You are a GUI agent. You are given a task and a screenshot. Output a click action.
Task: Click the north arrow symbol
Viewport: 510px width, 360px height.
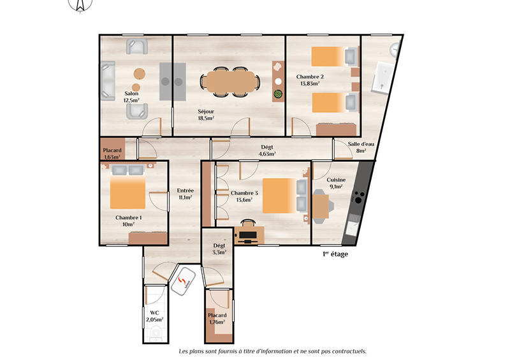[80, 5]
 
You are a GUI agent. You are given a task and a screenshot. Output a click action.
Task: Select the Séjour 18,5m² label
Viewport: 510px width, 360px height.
[205, 114]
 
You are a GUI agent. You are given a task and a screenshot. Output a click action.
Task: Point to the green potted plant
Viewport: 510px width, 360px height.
[278, 95]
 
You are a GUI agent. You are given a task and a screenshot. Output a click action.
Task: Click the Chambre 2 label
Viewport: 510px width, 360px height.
[309, 80]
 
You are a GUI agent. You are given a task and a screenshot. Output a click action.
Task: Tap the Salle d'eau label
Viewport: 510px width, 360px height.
[361, 147]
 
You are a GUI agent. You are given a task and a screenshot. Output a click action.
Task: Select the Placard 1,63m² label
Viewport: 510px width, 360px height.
[112, 153]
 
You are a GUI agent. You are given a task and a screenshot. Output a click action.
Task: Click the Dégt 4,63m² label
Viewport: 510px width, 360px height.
[266, 150]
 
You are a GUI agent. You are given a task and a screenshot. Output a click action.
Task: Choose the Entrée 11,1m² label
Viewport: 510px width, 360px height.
[186, 194]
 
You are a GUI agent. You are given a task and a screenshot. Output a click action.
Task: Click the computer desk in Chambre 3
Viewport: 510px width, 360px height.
[247, 233]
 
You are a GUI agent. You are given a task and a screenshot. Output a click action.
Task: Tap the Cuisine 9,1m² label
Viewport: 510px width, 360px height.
[336, 184]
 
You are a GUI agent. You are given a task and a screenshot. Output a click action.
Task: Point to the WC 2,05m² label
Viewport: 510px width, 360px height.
[154, 316]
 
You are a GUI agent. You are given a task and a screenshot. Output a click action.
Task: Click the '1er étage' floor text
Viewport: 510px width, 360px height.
[335, 254]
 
